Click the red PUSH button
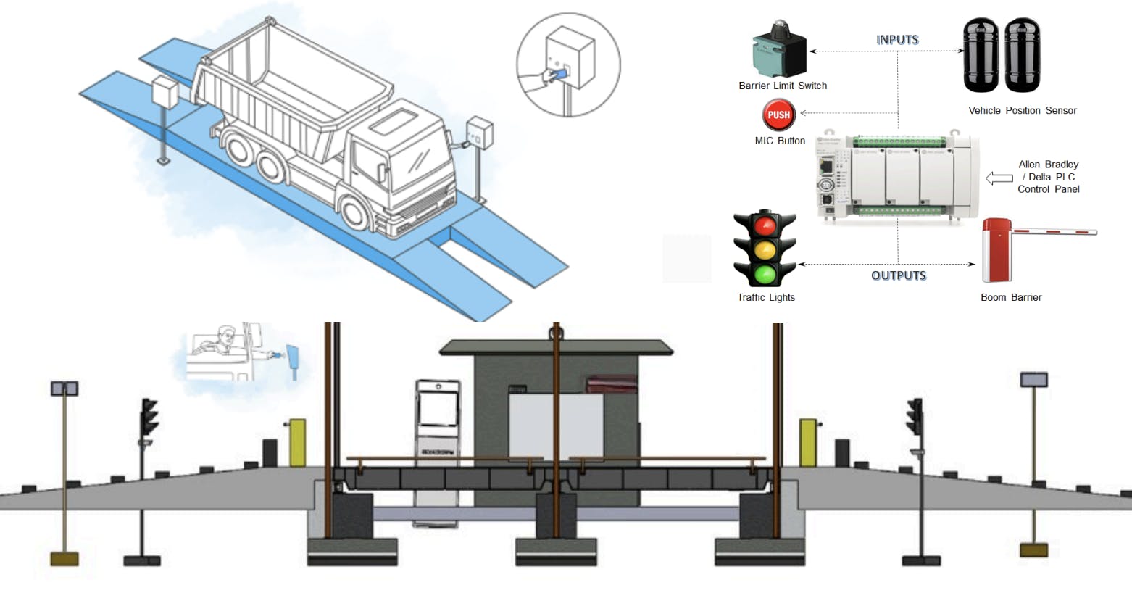[778, 115]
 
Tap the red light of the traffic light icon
[765, 226]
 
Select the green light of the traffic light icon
[765, 274]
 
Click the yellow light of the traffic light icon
[765, 251]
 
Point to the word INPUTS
[897, 40]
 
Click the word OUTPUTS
[899, 275]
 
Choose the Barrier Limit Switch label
[783, 86]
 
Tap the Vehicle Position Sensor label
[1022, 110]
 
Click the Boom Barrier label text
[1011, 297]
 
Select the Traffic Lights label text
[766, 297]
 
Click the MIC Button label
[780, 141]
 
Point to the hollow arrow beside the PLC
[999, 178]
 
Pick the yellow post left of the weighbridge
[297, 441]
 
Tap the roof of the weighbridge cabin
[556, 347]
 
